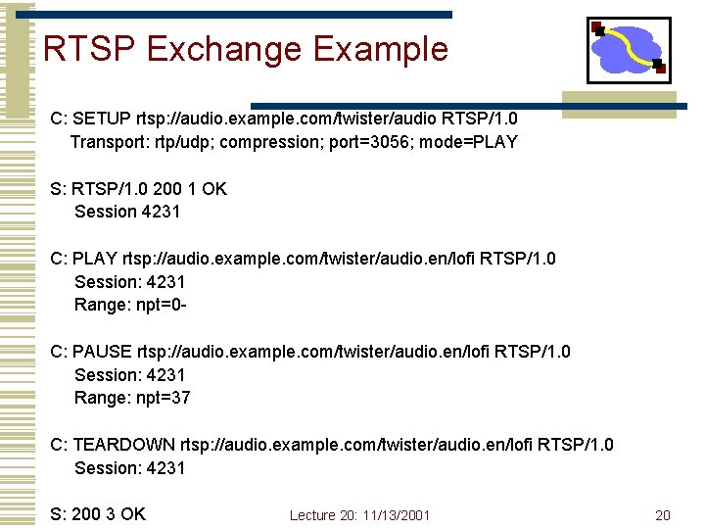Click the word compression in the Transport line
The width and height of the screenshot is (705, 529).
pos(264,142)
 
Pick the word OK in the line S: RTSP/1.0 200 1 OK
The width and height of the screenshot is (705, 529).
pos(213,188)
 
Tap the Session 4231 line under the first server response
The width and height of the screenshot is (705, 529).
pos(127,212)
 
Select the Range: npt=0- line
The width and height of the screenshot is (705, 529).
pos(130,305)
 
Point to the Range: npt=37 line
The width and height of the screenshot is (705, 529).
pos(132,398)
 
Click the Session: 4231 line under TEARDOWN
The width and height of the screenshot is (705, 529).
pos(129,468)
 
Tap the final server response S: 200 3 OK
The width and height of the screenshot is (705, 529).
pos(98,514)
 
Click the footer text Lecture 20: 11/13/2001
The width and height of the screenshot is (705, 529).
pos(359,515)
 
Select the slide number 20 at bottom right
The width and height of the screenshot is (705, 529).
pos(663,515)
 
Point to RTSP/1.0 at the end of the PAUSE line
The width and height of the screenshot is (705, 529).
pos(536,351)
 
